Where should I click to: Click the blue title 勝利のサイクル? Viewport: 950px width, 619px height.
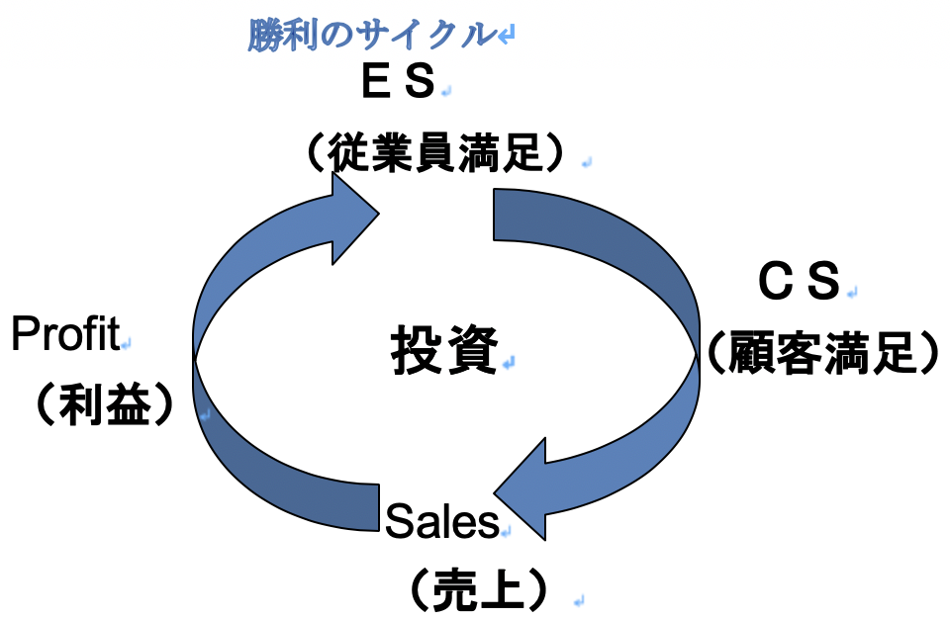[370, 35]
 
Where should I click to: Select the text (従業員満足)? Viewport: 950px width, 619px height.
[435, 154]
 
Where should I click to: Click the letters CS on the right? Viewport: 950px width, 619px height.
[799, 284]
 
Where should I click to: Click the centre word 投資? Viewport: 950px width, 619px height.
[442, 350]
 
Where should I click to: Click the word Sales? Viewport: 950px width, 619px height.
[441, 523]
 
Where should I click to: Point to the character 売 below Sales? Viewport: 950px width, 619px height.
[459, 589]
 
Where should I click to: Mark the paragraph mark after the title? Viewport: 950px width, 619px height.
[506, 37]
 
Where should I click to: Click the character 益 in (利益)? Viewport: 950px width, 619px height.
[130, 403]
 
